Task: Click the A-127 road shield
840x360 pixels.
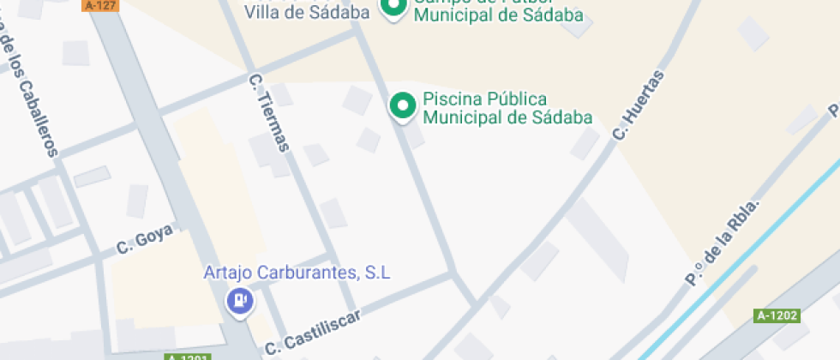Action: point(100,5)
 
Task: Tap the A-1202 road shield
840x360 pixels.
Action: point(778,315)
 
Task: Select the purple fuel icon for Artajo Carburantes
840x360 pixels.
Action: point(238,301)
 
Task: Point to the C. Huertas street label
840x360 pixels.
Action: point(638,106)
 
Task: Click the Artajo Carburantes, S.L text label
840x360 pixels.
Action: point(297,273)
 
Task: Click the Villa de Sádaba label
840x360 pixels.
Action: point(307,12)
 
